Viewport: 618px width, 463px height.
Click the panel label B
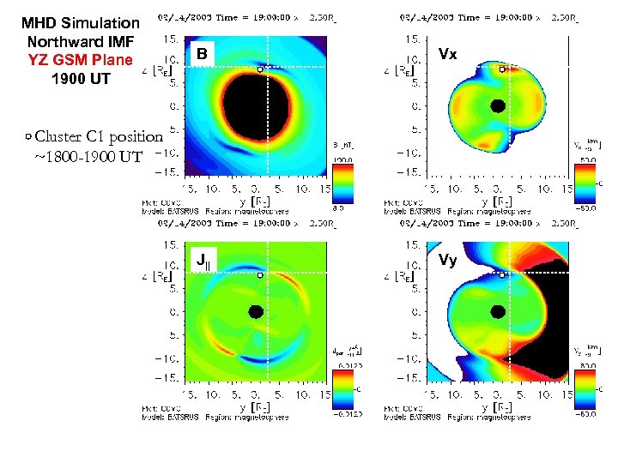tap(201, 55)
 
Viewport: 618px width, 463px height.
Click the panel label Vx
tap(447, 53)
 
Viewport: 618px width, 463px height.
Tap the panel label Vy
tap(447, 260)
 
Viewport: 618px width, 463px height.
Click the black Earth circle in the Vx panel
tap(497, 106)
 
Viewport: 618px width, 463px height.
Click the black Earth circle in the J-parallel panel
tap(255, 313)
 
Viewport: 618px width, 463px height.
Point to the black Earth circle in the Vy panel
tap(497, 313)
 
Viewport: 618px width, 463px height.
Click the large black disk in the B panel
tap(256, 106)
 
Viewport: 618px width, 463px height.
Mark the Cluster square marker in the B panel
tap(260, 69)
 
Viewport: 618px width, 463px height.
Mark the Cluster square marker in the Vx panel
tap(502, 69)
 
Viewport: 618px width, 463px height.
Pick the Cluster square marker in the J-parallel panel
tap(260, 274)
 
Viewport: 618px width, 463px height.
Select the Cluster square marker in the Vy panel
tap(502, 274)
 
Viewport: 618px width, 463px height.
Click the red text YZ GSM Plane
tap(81, 60)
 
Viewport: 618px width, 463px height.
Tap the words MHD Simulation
tap(81, 23)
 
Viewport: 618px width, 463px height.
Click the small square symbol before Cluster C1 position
tap(29, 135)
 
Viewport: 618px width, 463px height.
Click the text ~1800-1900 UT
tap(88, 156)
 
